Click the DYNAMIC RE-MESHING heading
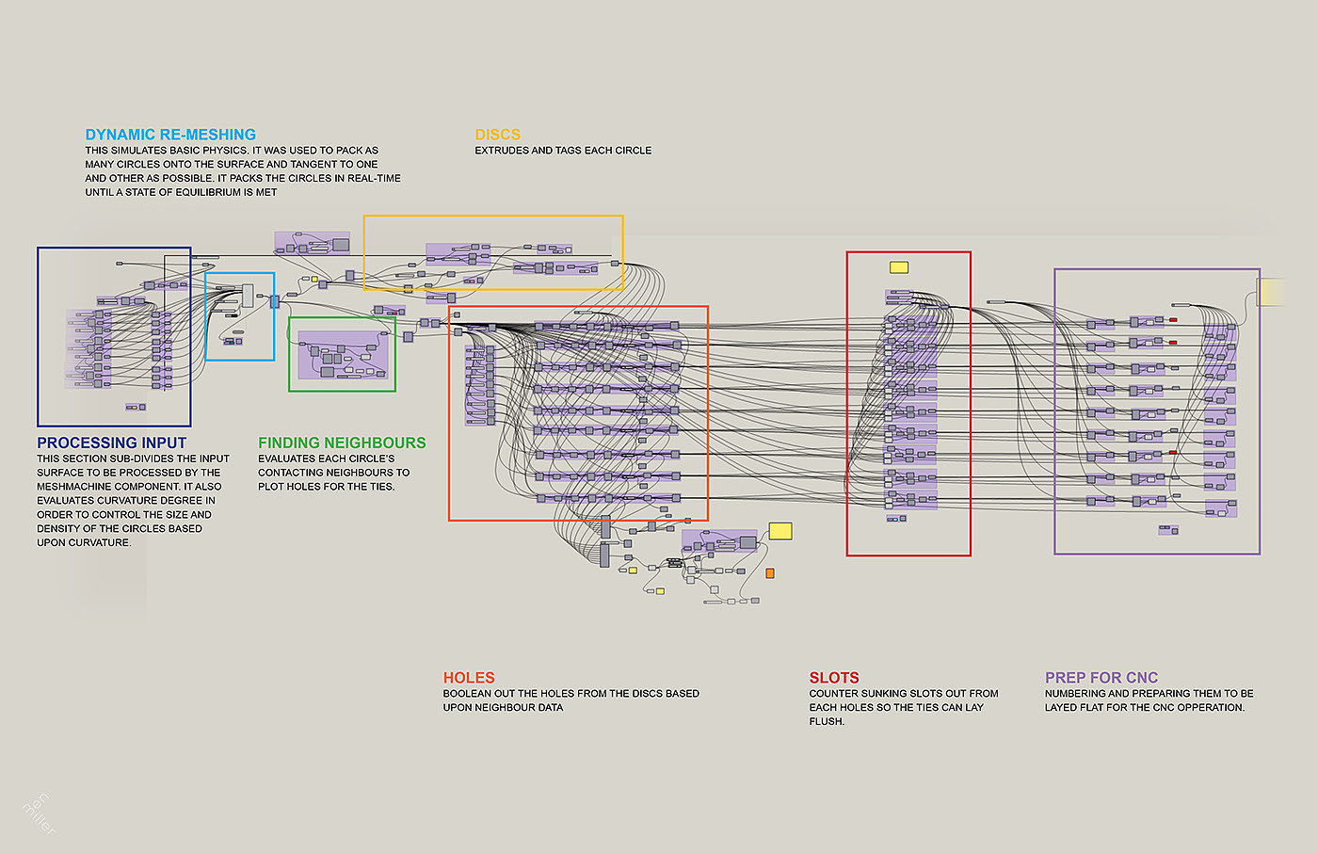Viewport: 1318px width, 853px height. click(170, 135)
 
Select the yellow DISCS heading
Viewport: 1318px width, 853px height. click(497, 135)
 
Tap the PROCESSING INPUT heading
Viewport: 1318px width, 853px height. click(111, 443)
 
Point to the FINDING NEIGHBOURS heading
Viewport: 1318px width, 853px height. click(342, 443)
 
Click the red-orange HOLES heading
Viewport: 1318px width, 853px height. click(469, 678)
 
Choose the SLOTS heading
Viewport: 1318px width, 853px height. click(834, 678)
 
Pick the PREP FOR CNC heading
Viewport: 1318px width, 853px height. click(1101, 678)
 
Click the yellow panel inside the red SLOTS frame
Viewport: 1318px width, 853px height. click(899, 267)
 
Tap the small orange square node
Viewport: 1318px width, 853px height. click(769, 572)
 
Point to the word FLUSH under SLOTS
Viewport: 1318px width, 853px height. click(827, 721)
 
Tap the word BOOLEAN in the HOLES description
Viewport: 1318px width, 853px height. click(467, 693)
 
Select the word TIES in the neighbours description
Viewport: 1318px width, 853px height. click(382, 487)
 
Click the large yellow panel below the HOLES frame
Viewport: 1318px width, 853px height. click(780, 531)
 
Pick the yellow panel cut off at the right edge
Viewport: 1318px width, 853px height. click(1272, 292)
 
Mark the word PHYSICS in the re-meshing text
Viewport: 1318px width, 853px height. click(227, 151)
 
